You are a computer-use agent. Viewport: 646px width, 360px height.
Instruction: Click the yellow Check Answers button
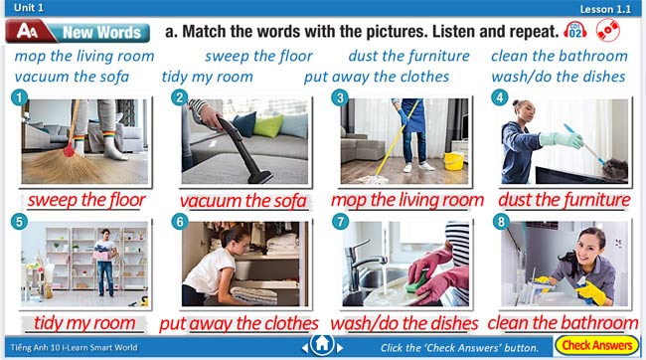[596, 345]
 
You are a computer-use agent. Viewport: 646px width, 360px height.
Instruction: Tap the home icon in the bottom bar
[322, 344]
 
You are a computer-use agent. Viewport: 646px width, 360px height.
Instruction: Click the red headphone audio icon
[575, 31]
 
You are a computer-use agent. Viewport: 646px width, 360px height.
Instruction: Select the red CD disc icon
[607, 30]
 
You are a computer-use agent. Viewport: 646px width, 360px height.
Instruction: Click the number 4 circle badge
[500, 97]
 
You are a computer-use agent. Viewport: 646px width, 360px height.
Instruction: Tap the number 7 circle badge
[340, 222]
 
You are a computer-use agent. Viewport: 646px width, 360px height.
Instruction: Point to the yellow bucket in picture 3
[453, 161]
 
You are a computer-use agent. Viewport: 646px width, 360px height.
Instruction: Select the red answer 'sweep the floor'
[86, 200]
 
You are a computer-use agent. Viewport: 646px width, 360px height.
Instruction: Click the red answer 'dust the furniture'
[565, 200]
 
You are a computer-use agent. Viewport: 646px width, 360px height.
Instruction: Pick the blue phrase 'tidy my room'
[208, 77]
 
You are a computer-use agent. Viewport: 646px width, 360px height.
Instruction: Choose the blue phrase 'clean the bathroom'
[560, 56]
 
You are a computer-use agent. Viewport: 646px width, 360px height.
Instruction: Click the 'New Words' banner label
[101, 32]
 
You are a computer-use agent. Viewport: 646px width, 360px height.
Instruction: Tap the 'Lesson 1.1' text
[605, 9]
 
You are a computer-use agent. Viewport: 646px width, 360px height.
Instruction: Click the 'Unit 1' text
[29, 7]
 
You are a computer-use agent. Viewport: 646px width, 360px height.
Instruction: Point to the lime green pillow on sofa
[267, 125]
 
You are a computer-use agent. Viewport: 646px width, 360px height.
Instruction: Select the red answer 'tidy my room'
[84, 323]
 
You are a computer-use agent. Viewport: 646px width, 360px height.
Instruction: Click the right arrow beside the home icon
[340, 348]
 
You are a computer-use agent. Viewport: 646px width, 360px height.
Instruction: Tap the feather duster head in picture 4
[615, 168]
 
